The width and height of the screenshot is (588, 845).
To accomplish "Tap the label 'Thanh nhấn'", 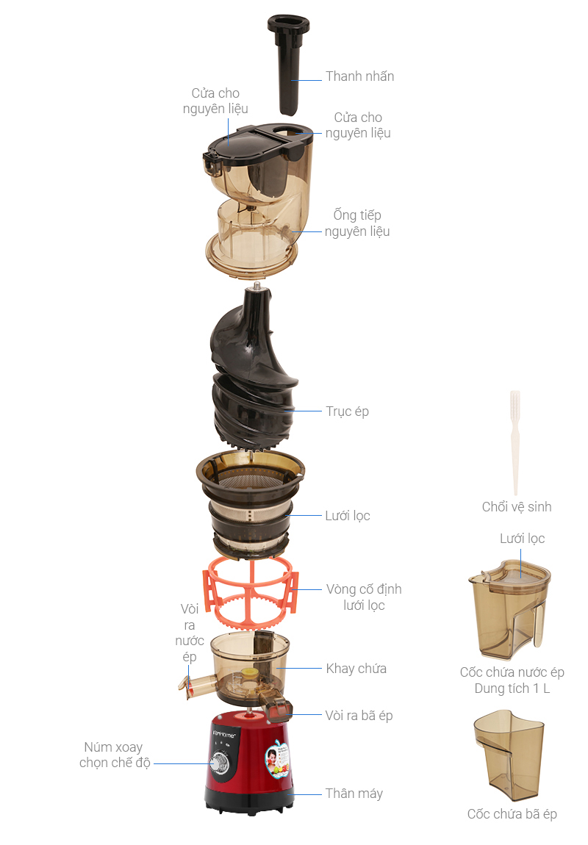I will pyautogui.click(x=360, y=76).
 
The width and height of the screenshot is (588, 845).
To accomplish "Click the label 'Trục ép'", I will pyautogui.click(x=348, y=411).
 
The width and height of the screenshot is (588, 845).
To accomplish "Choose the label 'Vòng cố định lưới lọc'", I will pyautogui.click(x=364, y=597).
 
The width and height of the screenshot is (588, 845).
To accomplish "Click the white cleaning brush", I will pyautogui.click(x=515, y=441).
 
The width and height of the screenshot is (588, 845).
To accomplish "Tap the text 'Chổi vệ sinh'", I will pyautogui.click(x=517, y=507).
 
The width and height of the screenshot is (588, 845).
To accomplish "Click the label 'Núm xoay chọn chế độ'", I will pyautogui.click(x=114, y=755).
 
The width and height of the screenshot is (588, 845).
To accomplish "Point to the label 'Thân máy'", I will pyautogui.click(x=354, y=794).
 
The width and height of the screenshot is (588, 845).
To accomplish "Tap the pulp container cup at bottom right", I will pyautogui.click(x=508, y=757).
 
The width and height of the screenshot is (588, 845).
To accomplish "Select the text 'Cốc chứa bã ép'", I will pyautogui.click(x=512, y=814).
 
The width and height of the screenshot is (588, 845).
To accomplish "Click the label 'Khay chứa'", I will pyautogui.click(x=356, y=669).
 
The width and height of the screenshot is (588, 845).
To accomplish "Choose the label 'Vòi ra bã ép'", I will pyautogui.click(x=359, y=716).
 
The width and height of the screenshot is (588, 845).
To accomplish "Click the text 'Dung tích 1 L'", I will pyautogui.click(x=512, y=689).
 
